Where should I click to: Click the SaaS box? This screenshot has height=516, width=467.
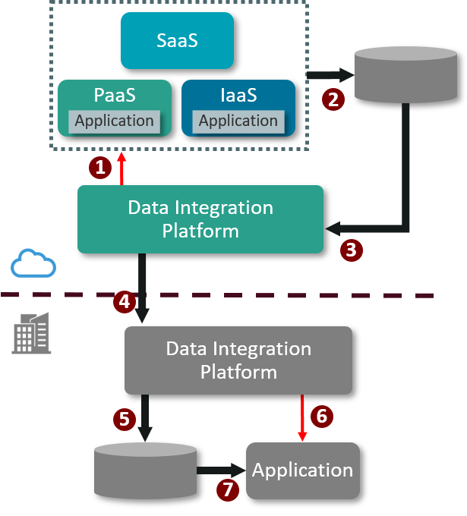coord(177,40)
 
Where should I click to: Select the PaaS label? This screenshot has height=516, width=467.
coord(115,96)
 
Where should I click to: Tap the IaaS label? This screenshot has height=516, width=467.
coord(238,96)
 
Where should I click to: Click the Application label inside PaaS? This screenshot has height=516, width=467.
coord(114,121)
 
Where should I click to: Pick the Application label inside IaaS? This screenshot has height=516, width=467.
coord(238,121)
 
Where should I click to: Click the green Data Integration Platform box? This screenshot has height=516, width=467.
coord(200,219)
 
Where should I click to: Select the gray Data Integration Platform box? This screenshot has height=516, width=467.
coord(238,360)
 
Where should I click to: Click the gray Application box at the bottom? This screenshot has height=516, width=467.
coord(302,470)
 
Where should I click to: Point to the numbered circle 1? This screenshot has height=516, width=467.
coord(99,168)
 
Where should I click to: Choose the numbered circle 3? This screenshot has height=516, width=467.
coord(351,250)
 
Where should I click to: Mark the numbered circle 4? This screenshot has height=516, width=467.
coord(125,301)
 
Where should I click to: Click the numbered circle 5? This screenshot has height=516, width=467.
coord(125,418)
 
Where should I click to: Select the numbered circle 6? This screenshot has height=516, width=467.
coord(322,416)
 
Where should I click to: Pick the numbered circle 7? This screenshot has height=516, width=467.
coord(226,489)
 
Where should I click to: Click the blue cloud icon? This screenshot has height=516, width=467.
coord(33,263)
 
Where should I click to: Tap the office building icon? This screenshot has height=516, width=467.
coord(32,332)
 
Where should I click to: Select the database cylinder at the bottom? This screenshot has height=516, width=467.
coord(145,471)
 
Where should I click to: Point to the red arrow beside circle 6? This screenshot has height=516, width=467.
coord(302,417)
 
